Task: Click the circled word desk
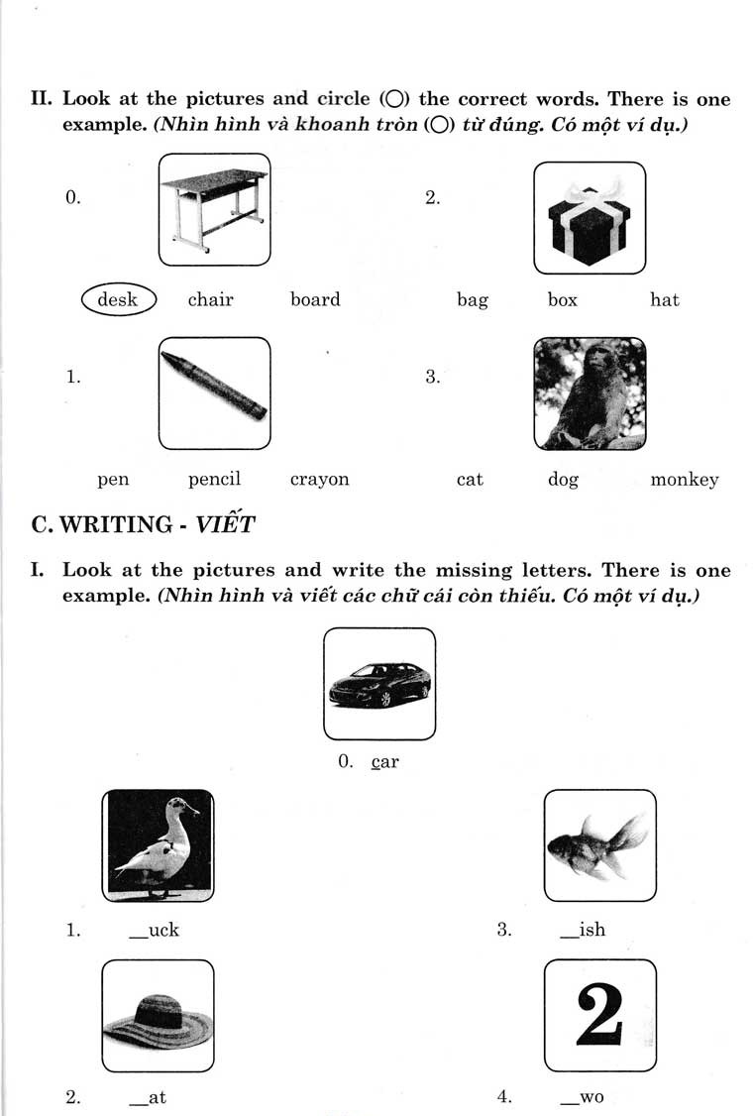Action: tap(118, 299)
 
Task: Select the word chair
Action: tap(211, 299)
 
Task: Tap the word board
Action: tap(315, 299)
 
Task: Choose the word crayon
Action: tap(319, 480)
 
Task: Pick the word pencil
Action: tap(215, 480)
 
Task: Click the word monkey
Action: tap(684, 480)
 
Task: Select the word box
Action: tap(562, 299)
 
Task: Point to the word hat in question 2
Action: tap(664, 299)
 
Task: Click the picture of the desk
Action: tap(214, 209)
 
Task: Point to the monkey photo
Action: tap(590, 393)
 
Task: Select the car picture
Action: tap(379, 684)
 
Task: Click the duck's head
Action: tap(180, 807)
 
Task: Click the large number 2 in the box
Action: tap(600, 1015)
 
